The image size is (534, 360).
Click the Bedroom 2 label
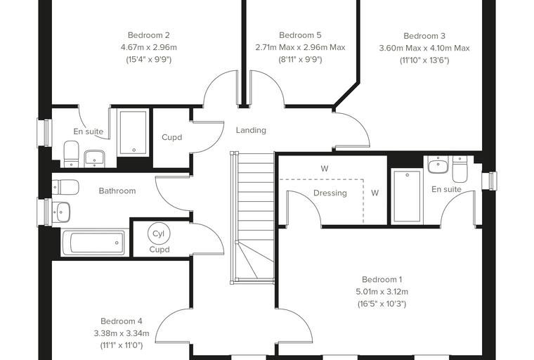point(148,35)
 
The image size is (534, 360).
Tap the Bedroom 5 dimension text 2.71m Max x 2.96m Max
point(300,47)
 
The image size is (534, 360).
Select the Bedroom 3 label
point(424,36)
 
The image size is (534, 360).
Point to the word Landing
point(251,130)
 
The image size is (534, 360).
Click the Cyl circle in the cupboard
point(159,233)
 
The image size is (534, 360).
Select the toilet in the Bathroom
point(65,187)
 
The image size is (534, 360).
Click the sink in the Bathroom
point(61,212)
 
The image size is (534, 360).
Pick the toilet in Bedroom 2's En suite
point(71,154)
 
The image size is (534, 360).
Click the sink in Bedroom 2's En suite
point(94,159)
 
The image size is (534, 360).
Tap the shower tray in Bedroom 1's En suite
point(407,196)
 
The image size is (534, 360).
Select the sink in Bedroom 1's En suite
point(438,165)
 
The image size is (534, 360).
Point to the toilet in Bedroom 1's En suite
point(460,169)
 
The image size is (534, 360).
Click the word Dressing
point(330,193)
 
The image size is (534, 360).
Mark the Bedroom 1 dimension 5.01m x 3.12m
point(382,292)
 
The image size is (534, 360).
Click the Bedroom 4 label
point(122,321)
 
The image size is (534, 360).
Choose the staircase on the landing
point(252,217)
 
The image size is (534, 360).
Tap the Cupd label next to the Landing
point(171,137)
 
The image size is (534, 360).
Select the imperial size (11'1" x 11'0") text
point(122,346)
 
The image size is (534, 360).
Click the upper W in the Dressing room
point(325,169)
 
